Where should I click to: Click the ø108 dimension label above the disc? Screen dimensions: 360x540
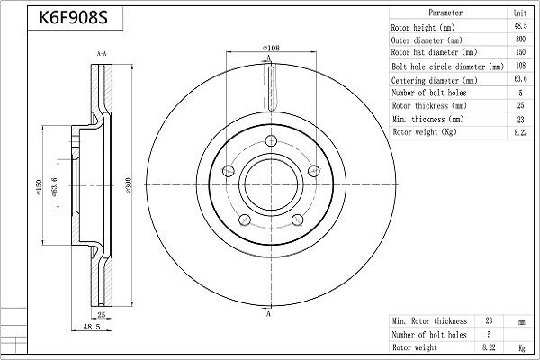[268, 49]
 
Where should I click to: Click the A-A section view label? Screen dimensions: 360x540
[102, 55]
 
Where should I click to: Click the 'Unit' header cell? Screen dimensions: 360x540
[520, 14]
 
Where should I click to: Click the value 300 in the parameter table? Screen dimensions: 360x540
[520, 40]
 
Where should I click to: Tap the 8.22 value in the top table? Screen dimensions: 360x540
[520, 132]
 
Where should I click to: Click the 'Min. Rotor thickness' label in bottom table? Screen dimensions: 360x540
[430, 320]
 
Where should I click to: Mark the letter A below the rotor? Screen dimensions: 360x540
[268, 314]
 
